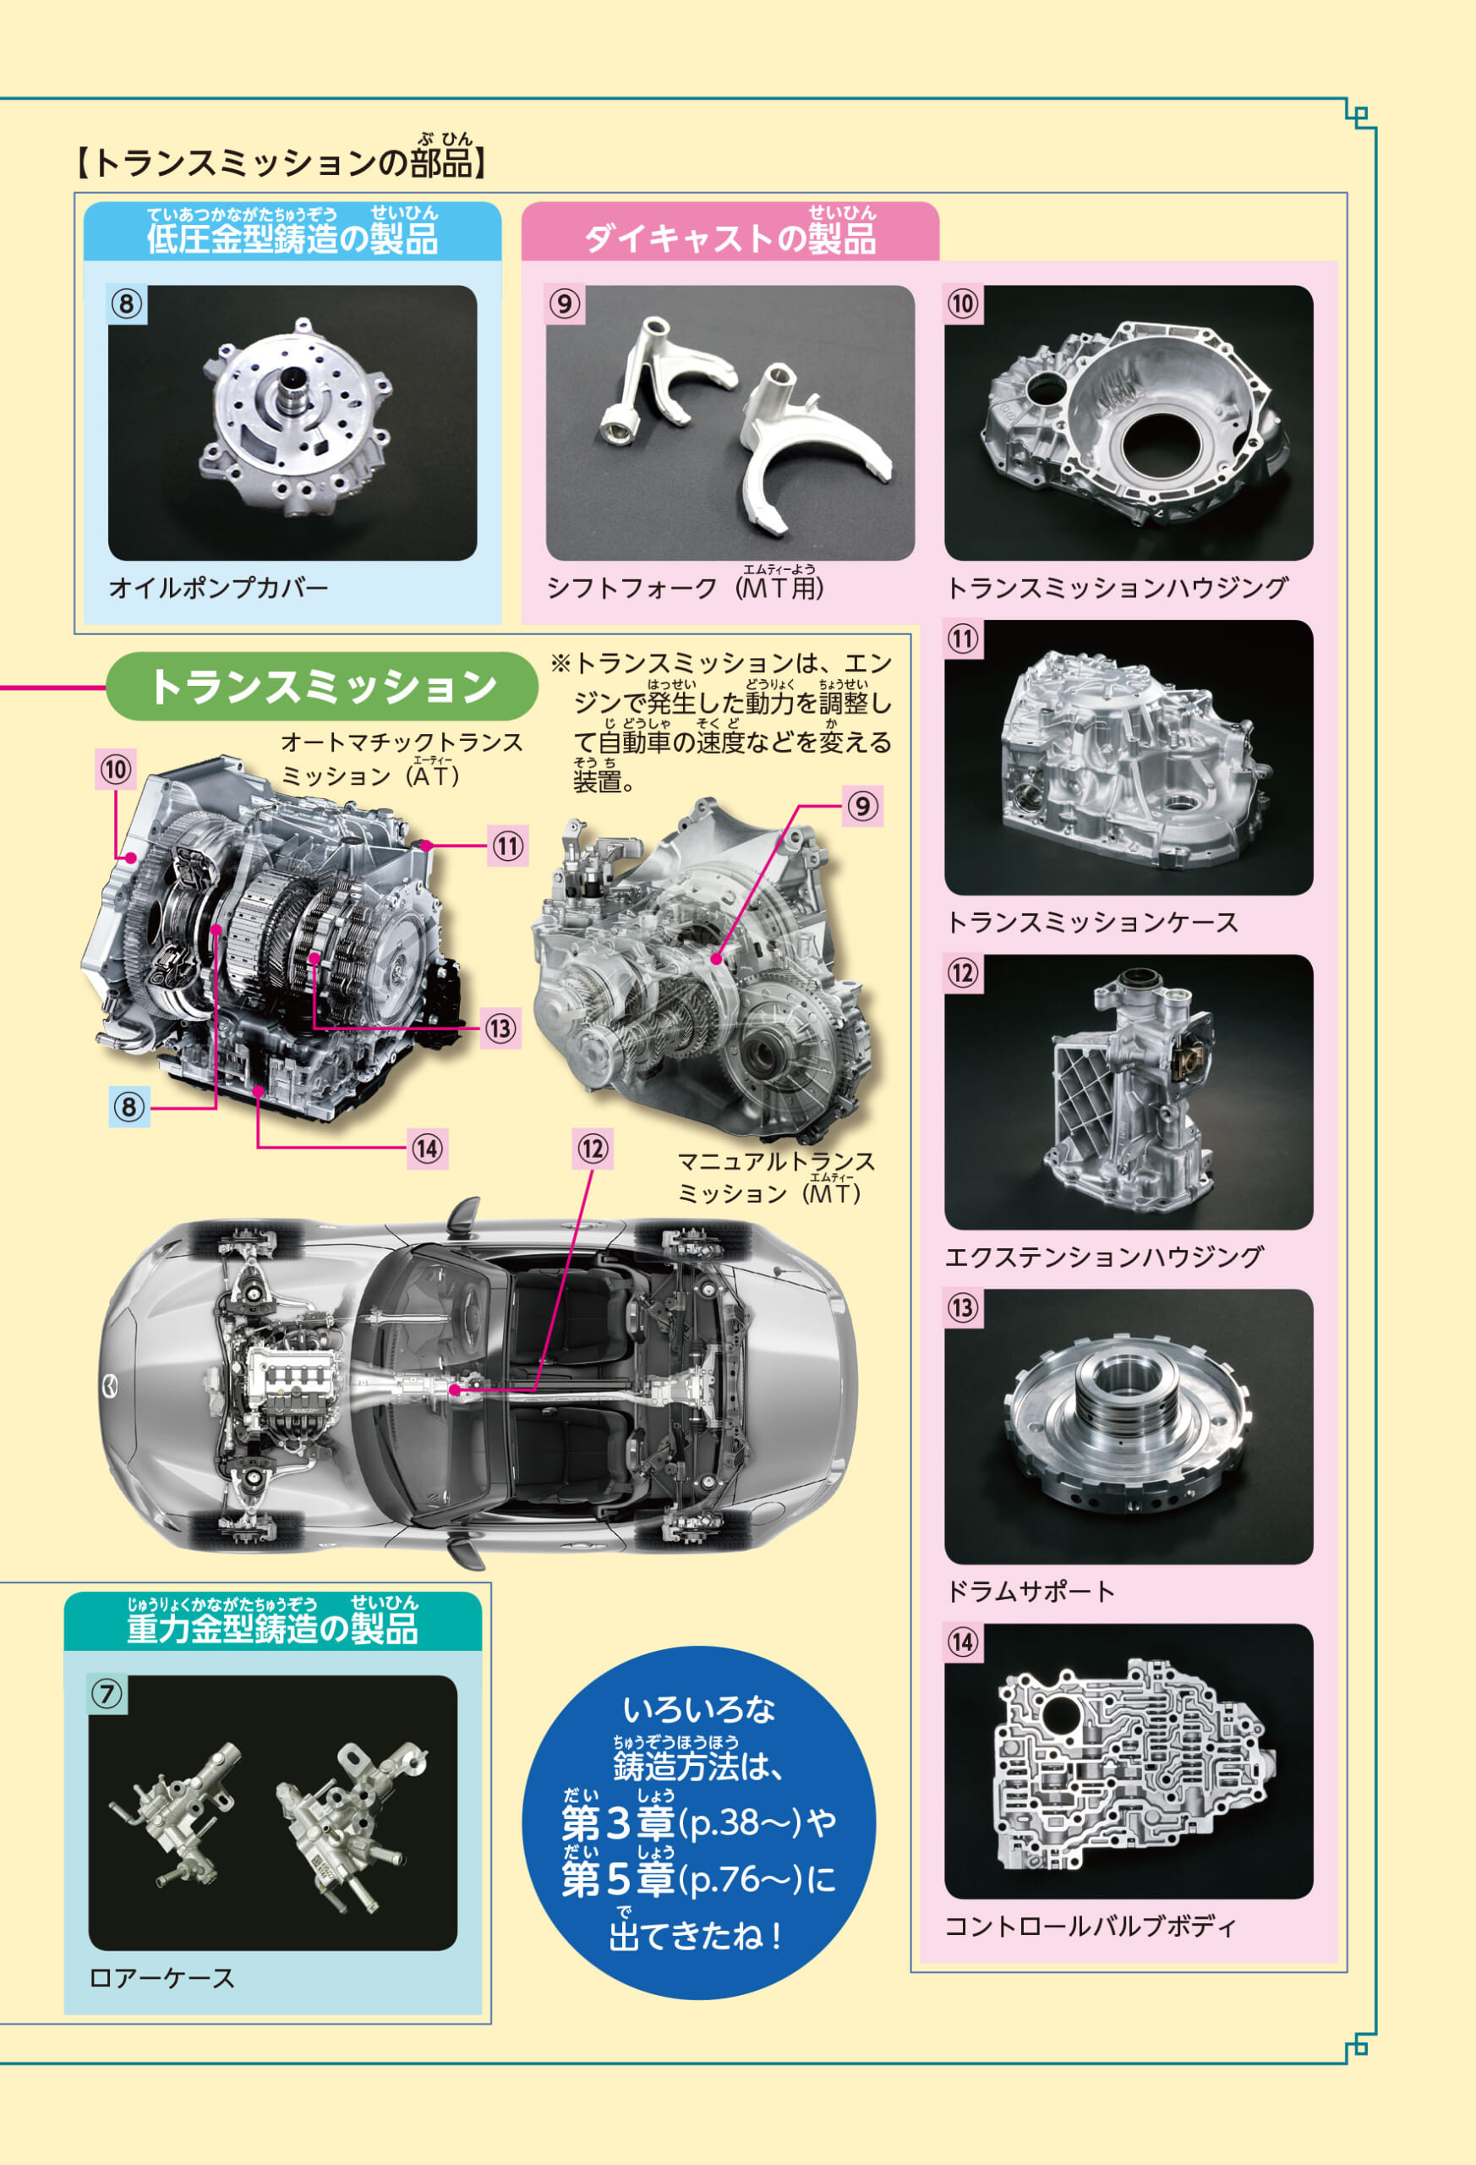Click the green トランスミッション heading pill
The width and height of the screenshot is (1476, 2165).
[322, 687]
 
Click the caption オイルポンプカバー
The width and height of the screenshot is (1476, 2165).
[219, 588]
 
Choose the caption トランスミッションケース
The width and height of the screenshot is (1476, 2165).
[1091, 923]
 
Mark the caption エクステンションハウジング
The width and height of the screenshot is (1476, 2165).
[1104, 1257]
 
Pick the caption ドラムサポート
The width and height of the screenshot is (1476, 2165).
[1030, 1591]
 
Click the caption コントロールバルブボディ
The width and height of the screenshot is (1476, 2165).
[1091, 1926]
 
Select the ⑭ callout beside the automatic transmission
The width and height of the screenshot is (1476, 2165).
[428, 1148]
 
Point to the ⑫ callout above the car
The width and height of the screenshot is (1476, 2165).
[593, 1148]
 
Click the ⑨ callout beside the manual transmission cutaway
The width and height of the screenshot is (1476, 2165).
[863, 806]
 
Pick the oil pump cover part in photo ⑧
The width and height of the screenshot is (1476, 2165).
[292, 417]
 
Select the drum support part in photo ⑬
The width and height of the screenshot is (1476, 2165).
[1128, 1421]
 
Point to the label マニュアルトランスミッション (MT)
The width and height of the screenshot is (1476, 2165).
[775, 1177]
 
